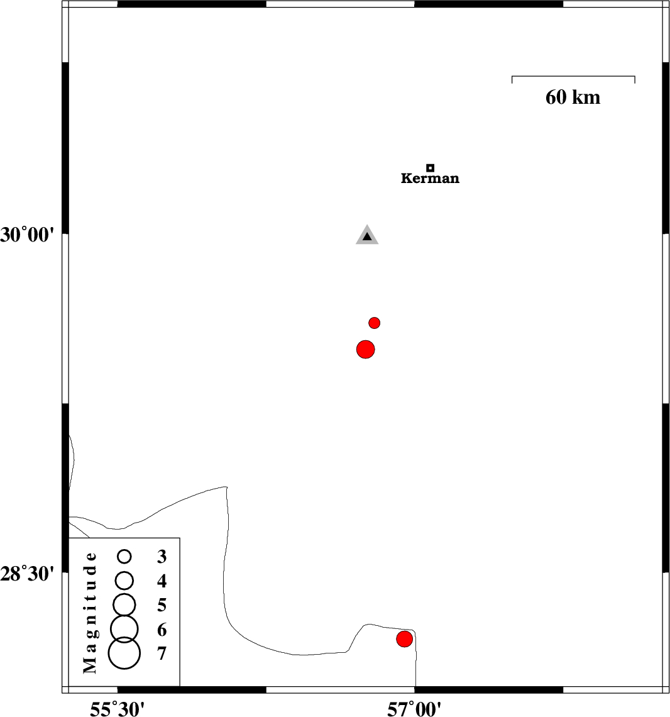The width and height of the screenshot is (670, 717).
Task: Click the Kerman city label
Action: pyautogui.click(x=430, y=179)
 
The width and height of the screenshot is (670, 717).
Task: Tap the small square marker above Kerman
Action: pyautogui.click(x=430, y=168)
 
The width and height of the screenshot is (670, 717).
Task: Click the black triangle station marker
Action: pyautogui.click(x=367, y=236)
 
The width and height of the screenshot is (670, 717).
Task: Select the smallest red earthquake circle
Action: pyautogui.click(x=375, y=323)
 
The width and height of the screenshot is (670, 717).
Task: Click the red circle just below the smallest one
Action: pyautogui.click(x=366, y=349)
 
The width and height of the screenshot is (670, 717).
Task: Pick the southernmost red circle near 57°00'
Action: pyautogui.click(x=404, y=639)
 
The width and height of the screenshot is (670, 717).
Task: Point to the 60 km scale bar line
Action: pyautogui.click(x=573, y=77)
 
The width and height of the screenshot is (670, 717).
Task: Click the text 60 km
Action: pyautogui.click(x=573, y=97)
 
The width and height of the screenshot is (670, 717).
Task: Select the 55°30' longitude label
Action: pyautogui.click(x=118, y=709)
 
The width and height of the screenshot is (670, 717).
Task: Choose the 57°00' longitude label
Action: pyautogui.click(x=414, y=709)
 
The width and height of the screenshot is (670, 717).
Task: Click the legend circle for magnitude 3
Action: pyautogui.click(x=124, y=557)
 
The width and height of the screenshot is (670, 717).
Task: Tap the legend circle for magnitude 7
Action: pyautogui.click(x=124, y=653)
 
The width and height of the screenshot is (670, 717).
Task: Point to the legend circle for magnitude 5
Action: pyautogui.click(x=124, y=604)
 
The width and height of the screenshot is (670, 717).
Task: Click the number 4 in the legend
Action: pyautogui.click(x=162, y=581)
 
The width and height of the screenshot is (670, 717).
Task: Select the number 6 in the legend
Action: pyautogui.click(x=162, y=630)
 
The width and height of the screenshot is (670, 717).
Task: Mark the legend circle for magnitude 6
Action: pyautogui.click(x=124, y=627)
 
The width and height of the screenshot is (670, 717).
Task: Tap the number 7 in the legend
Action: pyautogui.click(x=162, y=653)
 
